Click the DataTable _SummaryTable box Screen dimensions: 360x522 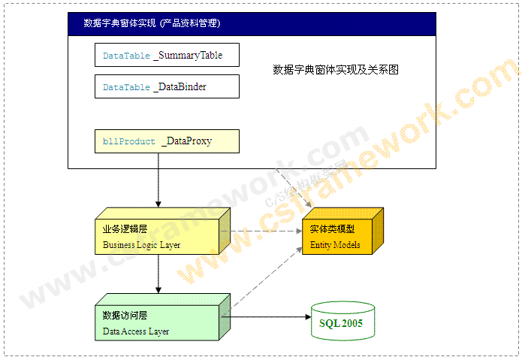pyautogui.click(x=167, y=56)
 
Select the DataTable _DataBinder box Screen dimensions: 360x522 pyautogui.click(x=167, y=86)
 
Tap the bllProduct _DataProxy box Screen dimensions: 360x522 pyautogui.click(x=167, y=141)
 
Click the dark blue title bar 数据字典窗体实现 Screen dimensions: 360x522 pyautogui.click(x=252, y=23)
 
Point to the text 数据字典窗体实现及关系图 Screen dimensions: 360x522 pyautogui.click(x=335, y=70)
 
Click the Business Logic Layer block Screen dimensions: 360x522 pyautogui.click(x=156, y=236)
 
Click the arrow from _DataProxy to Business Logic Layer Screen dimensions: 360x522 pyautogui.click(x=158, y=180)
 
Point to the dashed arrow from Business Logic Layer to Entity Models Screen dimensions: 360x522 pyautogui.click(x=263, y=231)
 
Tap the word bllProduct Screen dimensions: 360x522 pyautogui.click(x=129, y=141)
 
